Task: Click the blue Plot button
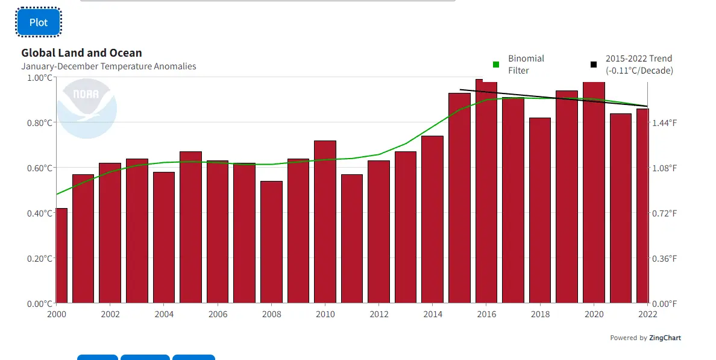point(39,22)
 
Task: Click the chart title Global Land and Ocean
point(82,53)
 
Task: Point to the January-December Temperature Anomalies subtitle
point(108,66)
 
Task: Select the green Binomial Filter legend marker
point(496,65)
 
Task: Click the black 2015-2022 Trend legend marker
point(594,65)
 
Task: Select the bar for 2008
point(271,241)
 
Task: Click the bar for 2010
point(325,223)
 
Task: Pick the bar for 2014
point(432,220)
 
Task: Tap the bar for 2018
point(540,211)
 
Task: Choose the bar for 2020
point(594,193)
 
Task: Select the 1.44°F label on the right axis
point(665,122)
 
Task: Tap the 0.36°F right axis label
point(665,258)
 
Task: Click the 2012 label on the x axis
point(379,314)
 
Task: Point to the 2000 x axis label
point(57,314)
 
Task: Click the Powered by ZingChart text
point(645,338)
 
